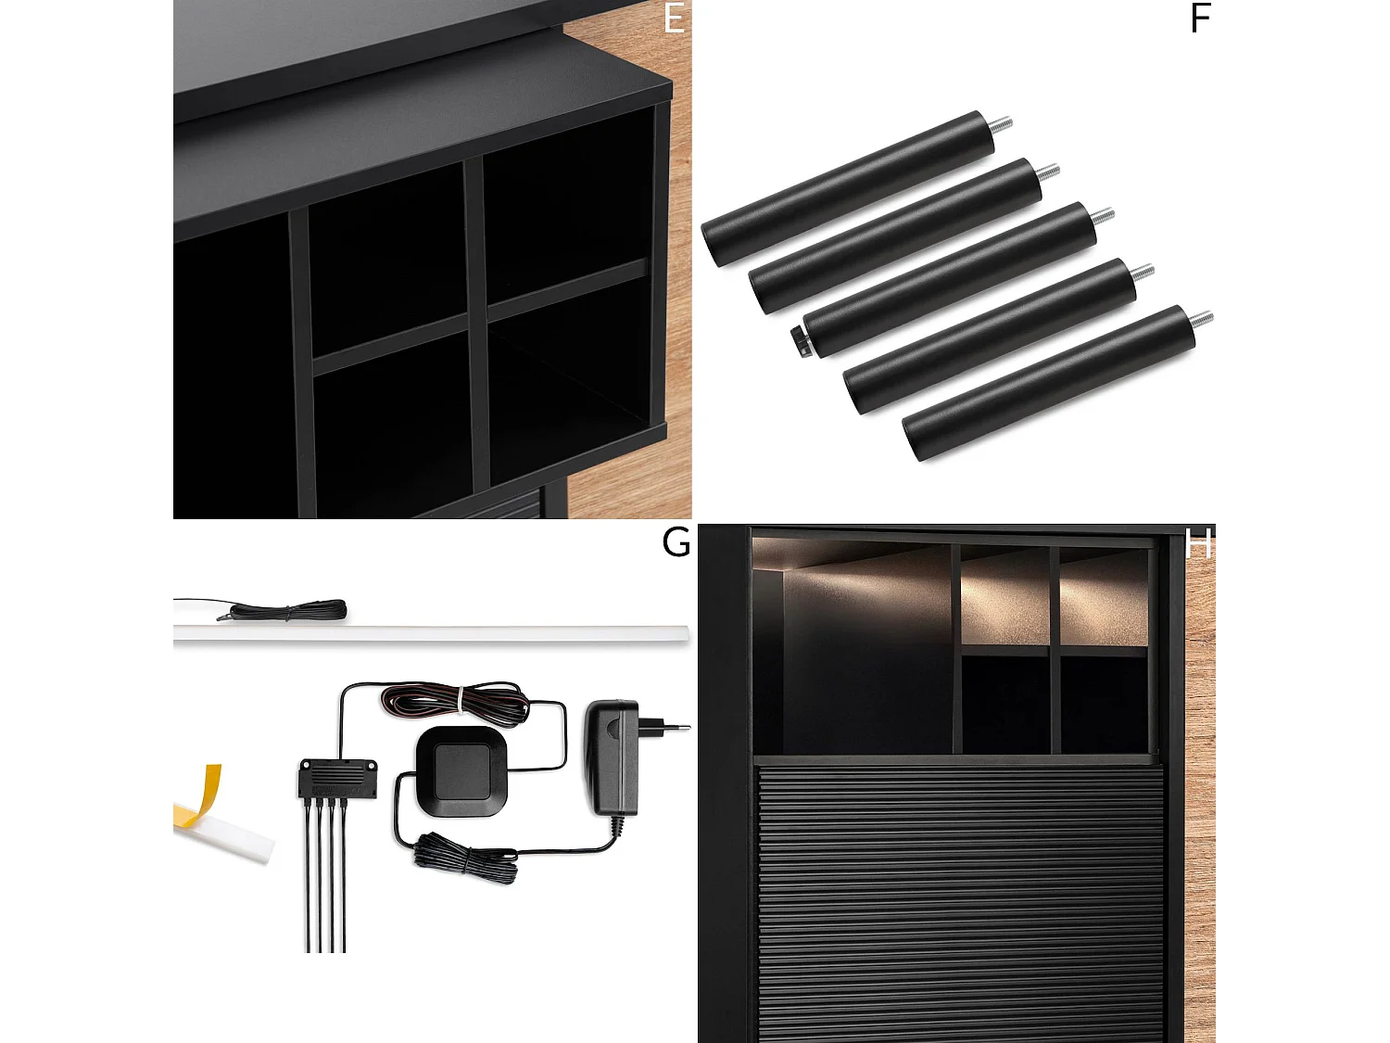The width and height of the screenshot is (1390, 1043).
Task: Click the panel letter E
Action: (674, 19)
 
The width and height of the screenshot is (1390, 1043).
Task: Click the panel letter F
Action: (1200, 19)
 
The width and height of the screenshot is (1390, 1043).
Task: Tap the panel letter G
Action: (676, 542)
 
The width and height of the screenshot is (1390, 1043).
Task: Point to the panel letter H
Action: (1198, 542)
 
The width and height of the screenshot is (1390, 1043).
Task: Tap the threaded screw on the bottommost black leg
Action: (1201, 319)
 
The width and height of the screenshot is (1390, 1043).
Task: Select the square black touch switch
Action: (461, 770)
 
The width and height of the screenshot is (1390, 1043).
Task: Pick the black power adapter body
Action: (612, 757)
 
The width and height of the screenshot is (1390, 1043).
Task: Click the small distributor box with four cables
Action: (338, 778)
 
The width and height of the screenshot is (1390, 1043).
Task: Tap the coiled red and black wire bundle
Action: (455, 701)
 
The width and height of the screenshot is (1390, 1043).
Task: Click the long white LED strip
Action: (431, 632)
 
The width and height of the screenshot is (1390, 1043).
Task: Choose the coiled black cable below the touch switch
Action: (465, 859)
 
